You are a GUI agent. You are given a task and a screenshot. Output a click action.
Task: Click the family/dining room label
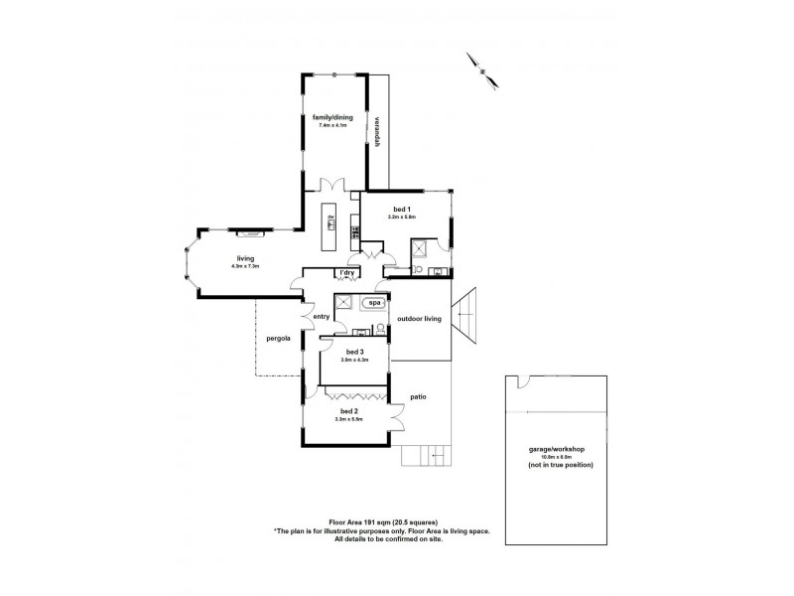(x=332, y=117)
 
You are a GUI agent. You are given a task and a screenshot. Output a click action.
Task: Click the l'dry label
(x=348, y=273)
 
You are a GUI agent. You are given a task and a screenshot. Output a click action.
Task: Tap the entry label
(x=321, y=317)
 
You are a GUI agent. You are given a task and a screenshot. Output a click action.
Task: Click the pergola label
(x=278, y=339)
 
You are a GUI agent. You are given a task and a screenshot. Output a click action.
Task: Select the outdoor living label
(x=419, y=319)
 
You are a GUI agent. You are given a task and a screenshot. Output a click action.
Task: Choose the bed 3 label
(x=355, y=352)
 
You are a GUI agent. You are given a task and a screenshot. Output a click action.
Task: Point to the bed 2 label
(x=348, y=412)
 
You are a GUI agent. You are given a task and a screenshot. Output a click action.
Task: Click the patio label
(x=418, y=397)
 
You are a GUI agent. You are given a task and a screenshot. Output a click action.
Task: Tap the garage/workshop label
(x=556, y=449)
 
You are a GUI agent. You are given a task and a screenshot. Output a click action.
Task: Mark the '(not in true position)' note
(x=561, y=465)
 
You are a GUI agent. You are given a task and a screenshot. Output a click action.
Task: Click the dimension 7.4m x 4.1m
(x=332, y=125)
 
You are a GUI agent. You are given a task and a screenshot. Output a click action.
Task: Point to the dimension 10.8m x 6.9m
(x=557, y=457)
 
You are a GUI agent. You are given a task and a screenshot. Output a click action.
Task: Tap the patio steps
(x=427, y=456)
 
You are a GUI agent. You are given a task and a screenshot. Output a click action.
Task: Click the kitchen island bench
(x=331, y=226)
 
